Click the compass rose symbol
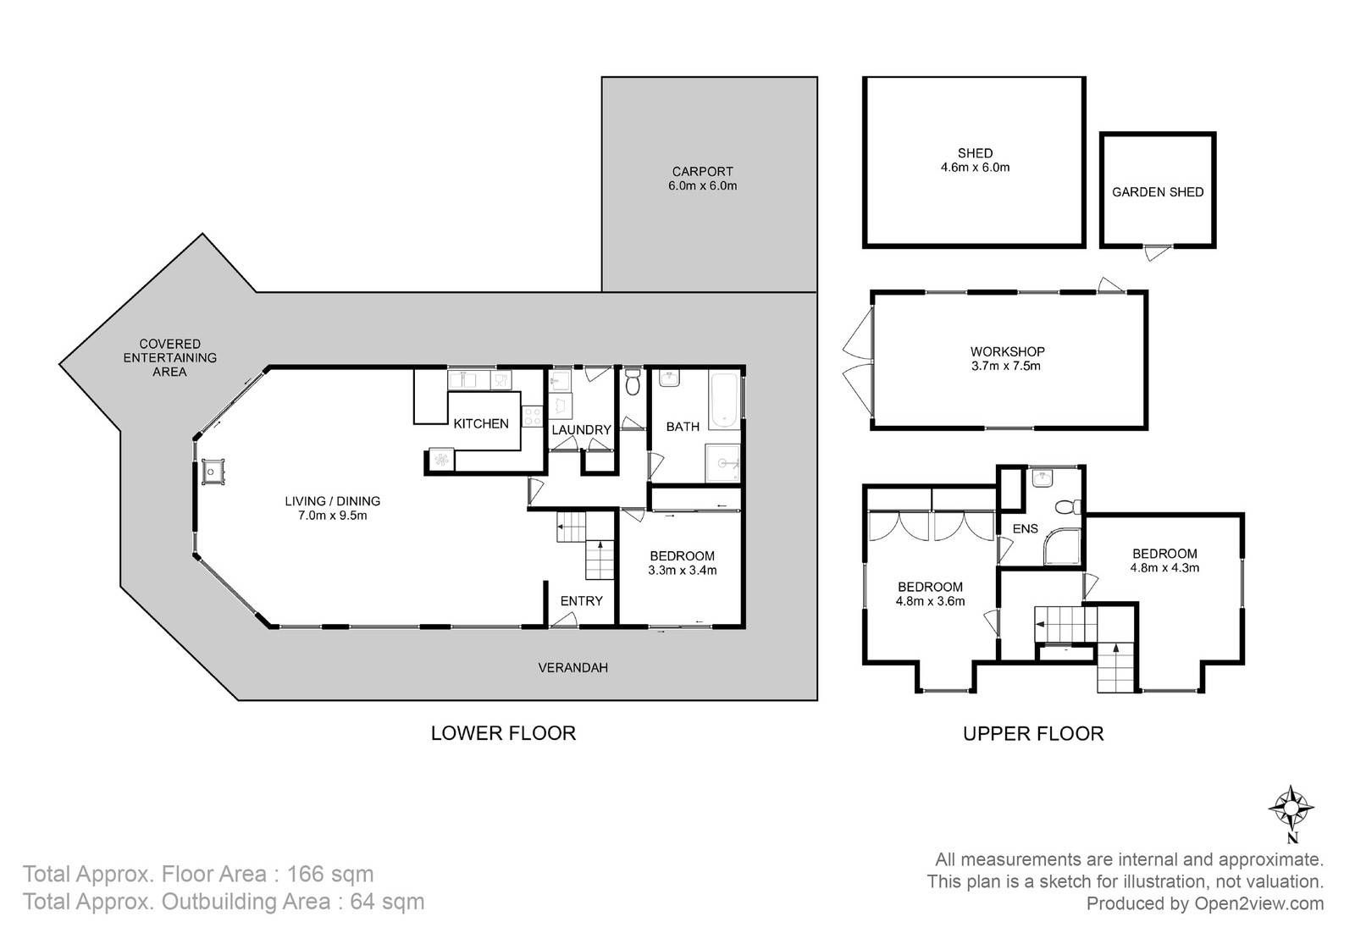click(x=1291, y=807)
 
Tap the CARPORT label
click(x=702, y=172)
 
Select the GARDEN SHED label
click(x=1158, y=192)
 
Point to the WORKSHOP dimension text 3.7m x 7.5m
click(x=1006, y=366)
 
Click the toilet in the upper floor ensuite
click(x=1068, y=506)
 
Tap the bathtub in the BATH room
click(x=724, y=401)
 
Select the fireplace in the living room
click(x=213, y=472)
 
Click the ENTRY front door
click(x=563, y=621)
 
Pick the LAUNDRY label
click(x=581, y=430)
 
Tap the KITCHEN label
click(x=481, y=424)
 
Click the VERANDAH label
click(x=572, y=667)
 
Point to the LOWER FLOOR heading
click(x=503, y=733)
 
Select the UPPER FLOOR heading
click(x=1033, y=734)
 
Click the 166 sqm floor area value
click(x=329, y=875)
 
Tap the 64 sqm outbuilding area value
click(x=387, y=902)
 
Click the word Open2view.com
click(x=1258, y=903)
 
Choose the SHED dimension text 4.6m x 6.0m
click(x=975, y=168)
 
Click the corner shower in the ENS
click(x=1062, y=547)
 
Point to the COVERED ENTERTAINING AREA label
click(x=170, y=358)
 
